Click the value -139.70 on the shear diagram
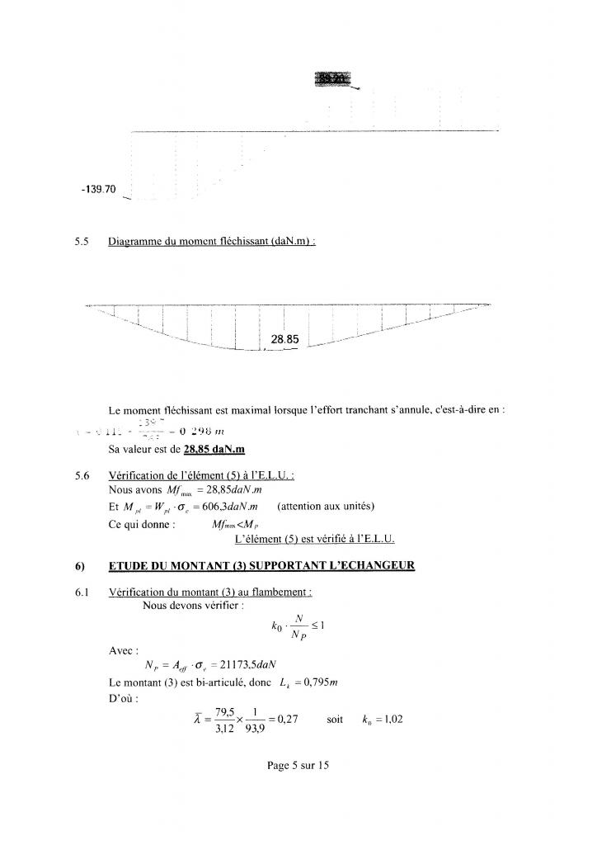pyautogui.click(x=98, y=190)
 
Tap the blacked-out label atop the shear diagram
pyautogui.click(x=332, y=79)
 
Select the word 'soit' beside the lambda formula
pyautogui.click(x=335, y=720)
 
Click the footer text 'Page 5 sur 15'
pyautogui.click(x=298, y=766)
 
